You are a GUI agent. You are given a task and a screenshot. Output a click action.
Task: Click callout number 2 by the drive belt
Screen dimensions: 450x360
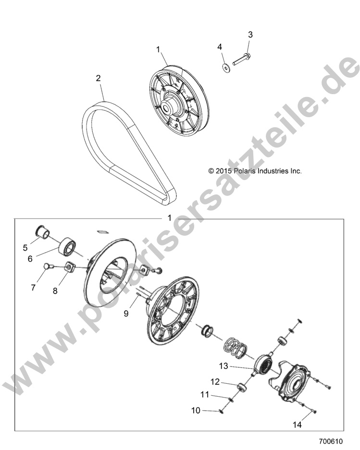point(98,78)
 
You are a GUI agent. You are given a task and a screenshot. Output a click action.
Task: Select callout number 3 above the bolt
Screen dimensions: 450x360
point(250,35)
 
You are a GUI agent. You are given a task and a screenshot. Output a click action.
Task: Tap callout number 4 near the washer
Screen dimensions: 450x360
point(220,47)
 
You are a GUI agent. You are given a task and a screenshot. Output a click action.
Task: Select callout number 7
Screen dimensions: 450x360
point(33,288)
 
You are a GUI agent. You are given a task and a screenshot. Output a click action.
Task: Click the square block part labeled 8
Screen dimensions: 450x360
point(69,266)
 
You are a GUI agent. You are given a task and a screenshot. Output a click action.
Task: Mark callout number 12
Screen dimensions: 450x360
point(215,382)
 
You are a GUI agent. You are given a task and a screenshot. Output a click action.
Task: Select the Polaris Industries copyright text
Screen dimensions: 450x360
point(255,170)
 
